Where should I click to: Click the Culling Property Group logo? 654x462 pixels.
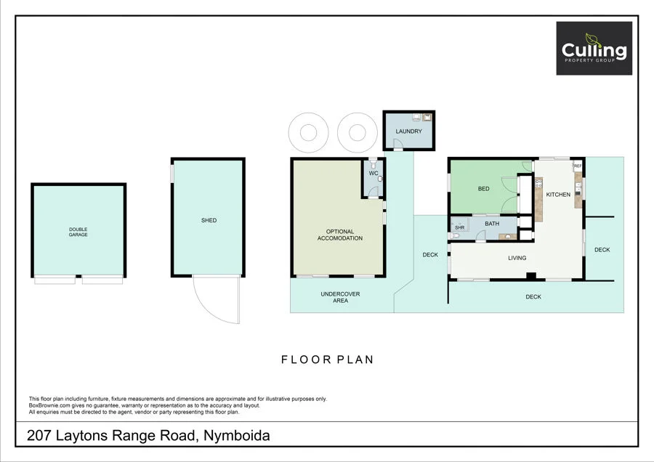(x=594, y=48)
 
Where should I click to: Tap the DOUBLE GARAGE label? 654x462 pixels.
(x=78, y=232)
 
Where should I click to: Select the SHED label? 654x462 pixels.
(x=209, y=220)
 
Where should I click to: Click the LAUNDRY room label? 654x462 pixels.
(x=408, y=131)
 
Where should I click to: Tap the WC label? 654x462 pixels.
(x=373, y=174)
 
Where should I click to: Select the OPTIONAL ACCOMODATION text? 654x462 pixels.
(x=339, y=235)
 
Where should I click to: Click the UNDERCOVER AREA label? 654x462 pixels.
(x=341, y=297)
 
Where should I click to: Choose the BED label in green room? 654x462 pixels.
(x=483, y=189)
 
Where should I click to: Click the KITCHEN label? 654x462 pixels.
(x=558, y=194)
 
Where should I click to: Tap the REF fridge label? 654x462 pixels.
(x=578, y=166)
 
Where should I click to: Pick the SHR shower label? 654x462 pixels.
(x=459, y=228)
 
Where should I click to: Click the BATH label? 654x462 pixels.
(x=492, y=224)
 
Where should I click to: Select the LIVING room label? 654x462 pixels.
(x=517, y=258)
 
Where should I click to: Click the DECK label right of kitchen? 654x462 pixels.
(x=602, y=250)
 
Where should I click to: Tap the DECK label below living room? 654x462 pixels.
(x=533, y=296)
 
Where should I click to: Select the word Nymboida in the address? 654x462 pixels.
(x=238, y=436)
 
